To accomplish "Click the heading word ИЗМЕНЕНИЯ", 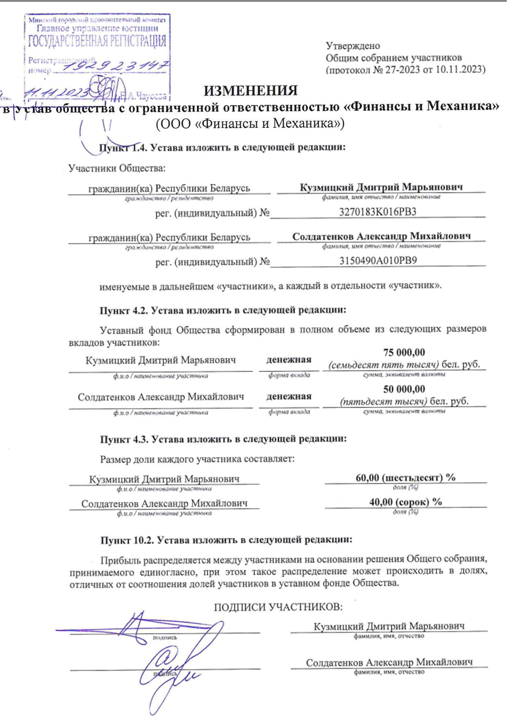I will pos(251,91).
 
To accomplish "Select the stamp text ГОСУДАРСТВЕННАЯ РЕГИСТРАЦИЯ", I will pos(97,41).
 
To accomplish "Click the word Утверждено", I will pos(353,46).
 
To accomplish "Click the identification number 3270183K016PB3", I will pos(377,212).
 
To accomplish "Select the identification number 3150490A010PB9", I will pos(378,261).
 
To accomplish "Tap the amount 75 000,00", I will pos(404,352).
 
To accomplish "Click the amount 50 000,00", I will pos(404,389).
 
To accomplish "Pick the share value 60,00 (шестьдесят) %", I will pos(406,477).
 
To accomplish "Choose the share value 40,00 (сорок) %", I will pos(406,502).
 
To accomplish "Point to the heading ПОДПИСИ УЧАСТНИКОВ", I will pos(278,607).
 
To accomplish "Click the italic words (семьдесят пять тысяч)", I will pos(384,364).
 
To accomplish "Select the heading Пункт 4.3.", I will pos(125,439).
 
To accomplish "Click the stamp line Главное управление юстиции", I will pos(97,29).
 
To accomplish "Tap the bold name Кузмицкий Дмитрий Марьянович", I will pos(381,187).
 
